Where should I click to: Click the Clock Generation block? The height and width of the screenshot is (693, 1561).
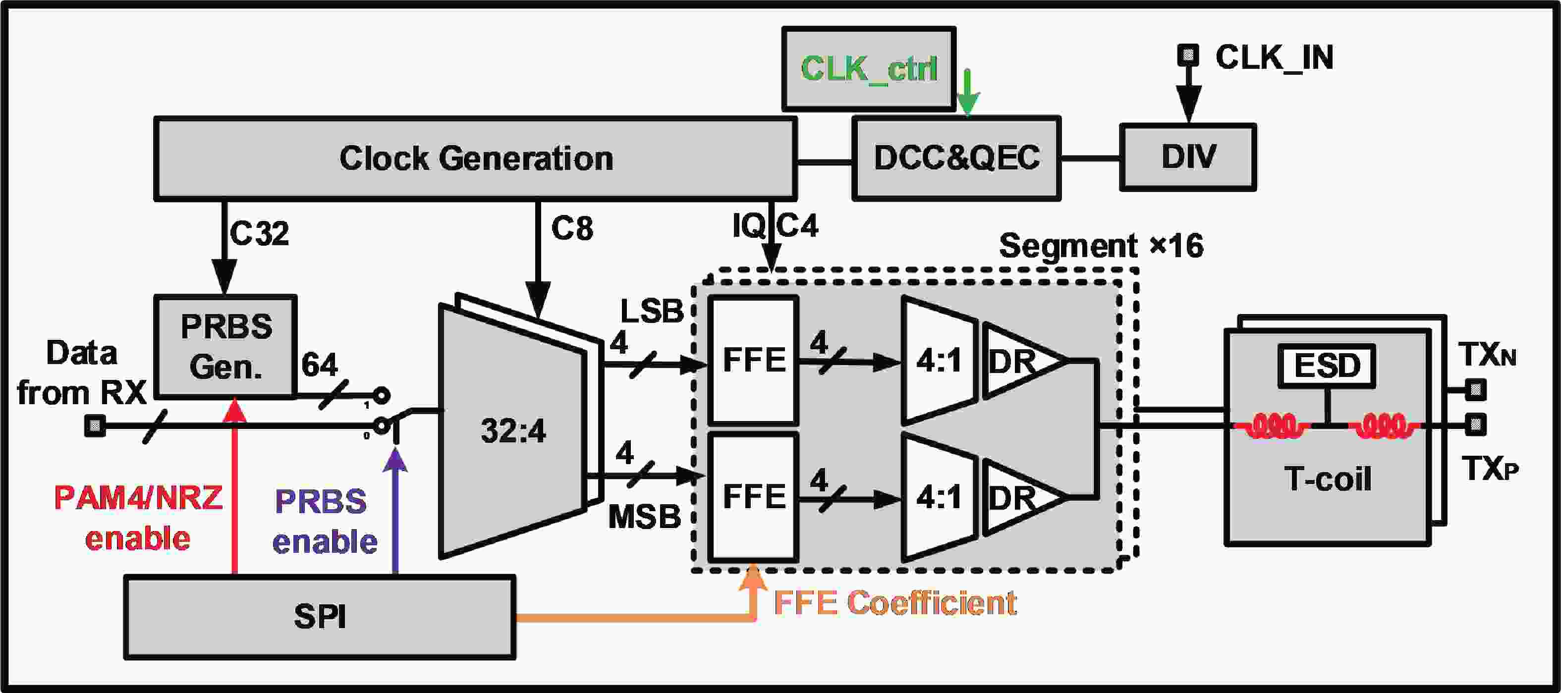pyautogui.click(x=475, y=159)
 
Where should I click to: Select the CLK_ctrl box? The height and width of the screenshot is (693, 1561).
pyautogui.click(x=868, y=68)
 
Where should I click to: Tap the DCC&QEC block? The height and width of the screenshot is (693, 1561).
pyautogui.click(x=956, y=158)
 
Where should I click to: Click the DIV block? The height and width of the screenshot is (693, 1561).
pyautogui.click(x=1188, y=157)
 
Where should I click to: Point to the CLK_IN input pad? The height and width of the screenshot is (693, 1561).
pyautogui.click(x=1188, y=55)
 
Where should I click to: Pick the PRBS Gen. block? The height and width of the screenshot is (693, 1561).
pyautogui.click(x=225, y=347)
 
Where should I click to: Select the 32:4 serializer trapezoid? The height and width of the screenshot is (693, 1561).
pyautogui.click(x=513, y=430)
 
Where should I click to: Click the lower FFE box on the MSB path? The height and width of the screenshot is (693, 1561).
pyautogui.click(x=753, y=497)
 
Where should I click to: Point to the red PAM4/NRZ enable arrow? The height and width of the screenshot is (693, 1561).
pyautogui.click(x=235, y=484)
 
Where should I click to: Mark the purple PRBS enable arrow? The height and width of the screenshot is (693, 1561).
pyautogui.click(x=396, y=509)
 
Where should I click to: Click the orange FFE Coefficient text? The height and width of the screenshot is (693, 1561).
pyautogui.click(x=895, y=603)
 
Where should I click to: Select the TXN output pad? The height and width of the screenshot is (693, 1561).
pyautogui.click(x=1476, y=389)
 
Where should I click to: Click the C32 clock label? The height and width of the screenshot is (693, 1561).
pyautogui.click(x=259, y=233)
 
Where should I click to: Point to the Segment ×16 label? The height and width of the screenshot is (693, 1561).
pyautogui.click(x=1101, y=246)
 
